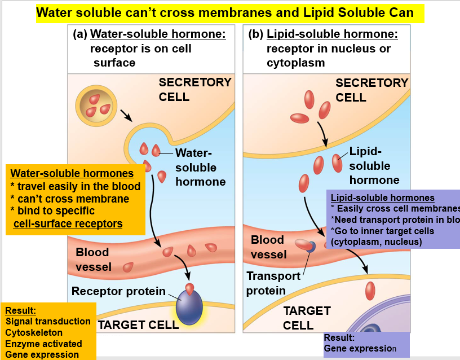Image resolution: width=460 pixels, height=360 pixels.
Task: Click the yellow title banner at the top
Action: [x=230, y=12]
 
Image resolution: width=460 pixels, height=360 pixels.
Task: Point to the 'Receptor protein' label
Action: [x=118, y=291]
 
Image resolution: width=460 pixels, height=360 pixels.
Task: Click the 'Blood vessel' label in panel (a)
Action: [x=94, y=259]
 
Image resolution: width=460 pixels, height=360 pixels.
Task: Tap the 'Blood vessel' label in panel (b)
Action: [x=268, y=247]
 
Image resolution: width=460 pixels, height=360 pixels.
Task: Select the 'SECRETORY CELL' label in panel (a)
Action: [x=195, y=89]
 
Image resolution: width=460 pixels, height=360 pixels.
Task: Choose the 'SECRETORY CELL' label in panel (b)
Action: [x=371, y=90]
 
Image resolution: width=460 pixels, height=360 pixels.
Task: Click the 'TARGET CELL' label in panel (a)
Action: [x=138, y=324]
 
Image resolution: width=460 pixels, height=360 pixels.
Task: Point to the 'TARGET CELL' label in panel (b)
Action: [x=307, y=318]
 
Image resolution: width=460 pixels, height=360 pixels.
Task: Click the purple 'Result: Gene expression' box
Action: [x=366, y=344]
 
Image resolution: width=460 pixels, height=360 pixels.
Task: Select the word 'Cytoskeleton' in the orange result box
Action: [x=34, y=332]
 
